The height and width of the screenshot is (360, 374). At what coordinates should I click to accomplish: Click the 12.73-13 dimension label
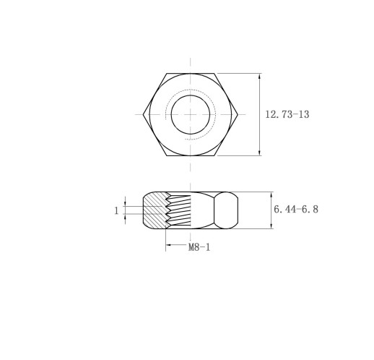[x=287, y=114]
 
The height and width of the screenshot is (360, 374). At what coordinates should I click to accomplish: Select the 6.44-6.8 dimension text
[x=296, y=209]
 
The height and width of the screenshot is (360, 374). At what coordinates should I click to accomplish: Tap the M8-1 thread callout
[x=199, y=247]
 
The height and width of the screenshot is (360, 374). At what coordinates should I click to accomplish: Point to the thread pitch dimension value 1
[x=116, y=211]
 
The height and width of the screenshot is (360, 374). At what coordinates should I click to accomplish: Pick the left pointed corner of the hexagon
[x=143, y=114]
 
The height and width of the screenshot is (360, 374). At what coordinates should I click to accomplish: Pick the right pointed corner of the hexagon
[x=238, y=114]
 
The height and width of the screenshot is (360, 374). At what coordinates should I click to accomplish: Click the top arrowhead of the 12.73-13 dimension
[x=259, y=77]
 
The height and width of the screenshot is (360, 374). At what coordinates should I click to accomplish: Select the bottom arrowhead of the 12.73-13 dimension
[x=259, y=153]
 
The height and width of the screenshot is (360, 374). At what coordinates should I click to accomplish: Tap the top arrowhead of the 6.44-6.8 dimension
[x=271, y=195]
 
